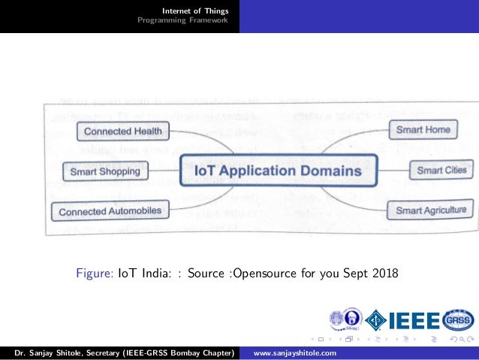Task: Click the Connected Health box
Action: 122,132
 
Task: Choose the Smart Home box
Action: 423,130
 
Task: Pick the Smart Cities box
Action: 441,171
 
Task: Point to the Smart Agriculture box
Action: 430,210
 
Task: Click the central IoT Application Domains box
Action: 278,171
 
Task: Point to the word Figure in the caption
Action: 95,272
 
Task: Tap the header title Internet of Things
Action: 196,11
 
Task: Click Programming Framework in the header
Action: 182,20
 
